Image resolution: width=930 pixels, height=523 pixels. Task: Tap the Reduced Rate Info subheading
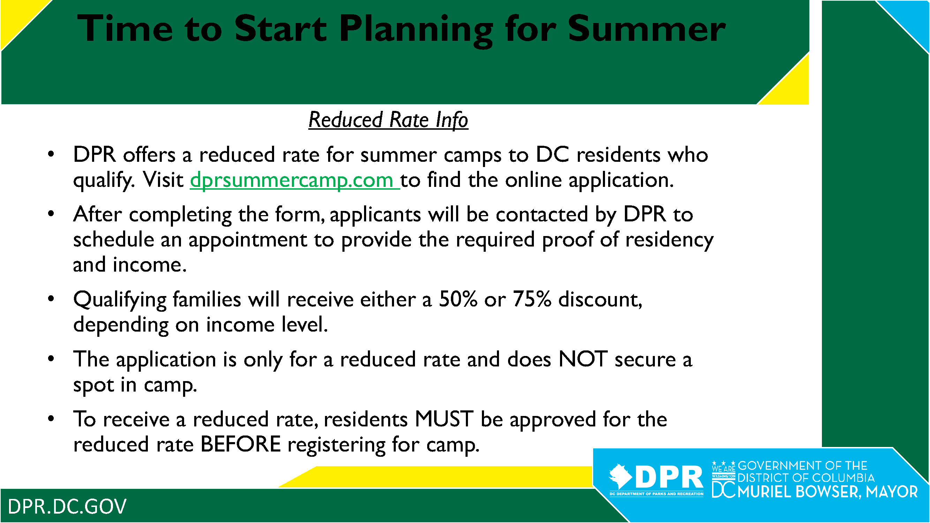(388, 120)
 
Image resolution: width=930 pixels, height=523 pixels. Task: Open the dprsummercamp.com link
(294, 180)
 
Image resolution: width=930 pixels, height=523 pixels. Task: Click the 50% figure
(458, 300)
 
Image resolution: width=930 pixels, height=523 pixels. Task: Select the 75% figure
(532, 300)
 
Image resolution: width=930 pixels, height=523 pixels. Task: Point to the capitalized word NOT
(583, 359)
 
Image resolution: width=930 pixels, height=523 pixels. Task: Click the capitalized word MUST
(444, 419)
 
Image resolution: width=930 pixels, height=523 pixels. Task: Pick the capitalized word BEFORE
(241, 444)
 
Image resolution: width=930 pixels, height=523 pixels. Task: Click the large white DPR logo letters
(669, 477)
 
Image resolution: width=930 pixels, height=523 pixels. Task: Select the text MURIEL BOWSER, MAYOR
(827, 492)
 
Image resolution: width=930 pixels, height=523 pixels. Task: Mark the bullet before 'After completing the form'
(51, 214)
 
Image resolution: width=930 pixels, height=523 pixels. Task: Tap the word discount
(600, 300)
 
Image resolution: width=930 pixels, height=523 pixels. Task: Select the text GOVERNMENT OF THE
(802, 466)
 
